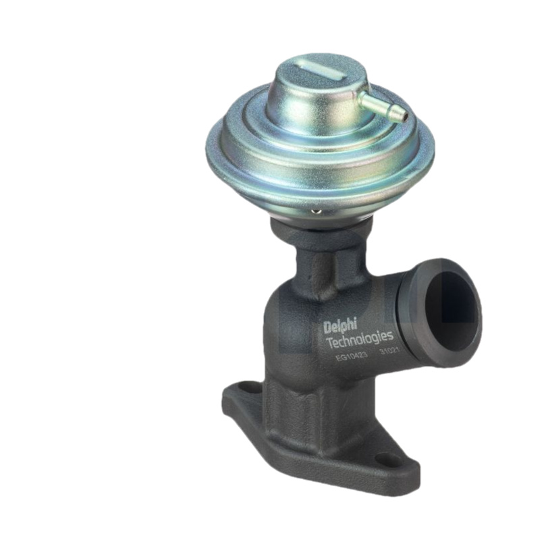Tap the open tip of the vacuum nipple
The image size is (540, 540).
(404, 115)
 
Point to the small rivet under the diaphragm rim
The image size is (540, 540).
(315, 211)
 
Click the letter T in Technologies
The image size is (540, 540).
(330, 342)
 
